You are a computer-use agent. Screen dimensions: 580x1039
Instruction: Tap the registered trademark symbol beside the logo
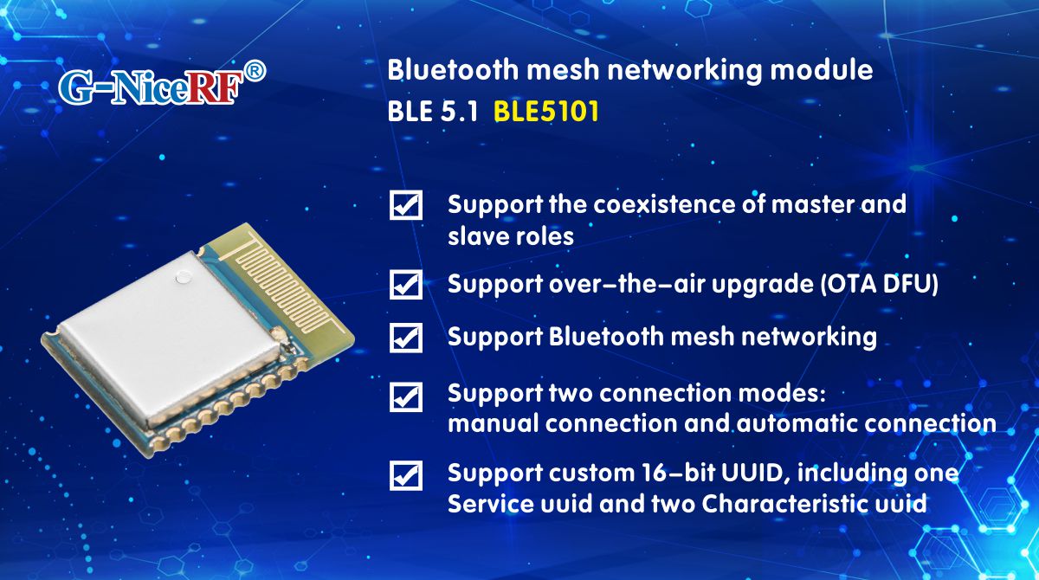[x=255, y=71]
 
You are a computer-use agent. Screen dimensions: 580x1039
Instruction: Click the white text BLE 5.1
[x=432, y=113]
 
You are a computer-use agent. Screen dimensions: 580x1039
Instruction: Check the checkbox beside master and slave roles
[x=406, y=206]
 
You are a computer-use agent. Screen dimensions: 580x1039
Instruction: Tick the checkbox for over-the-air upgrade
[x=406, y=284]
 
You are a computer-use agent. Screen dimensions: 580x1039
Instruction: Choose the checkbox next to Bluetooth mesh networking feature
[x=406, y=337]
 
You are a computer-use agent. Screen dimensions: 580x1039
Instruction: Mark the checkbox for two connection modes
[x=406, y=396]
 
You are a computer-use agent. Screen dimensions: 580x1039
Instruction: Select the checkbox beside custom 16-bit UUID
[x=406, y=475]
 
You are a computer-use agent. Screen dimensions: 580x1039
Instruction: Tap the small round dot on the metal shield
[x=183, y=278]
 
